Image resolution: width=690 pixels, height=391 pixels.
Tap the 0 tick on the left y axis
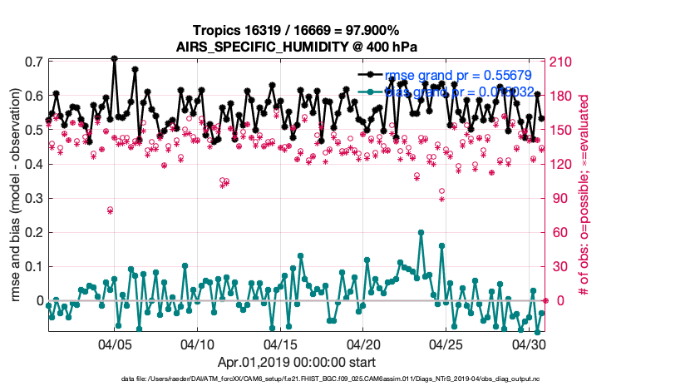pyautogui.click(x=39, y=300)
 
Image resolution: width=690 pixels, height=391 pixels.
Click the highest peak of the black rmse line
pyautogui.click(x=114, y=58)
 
